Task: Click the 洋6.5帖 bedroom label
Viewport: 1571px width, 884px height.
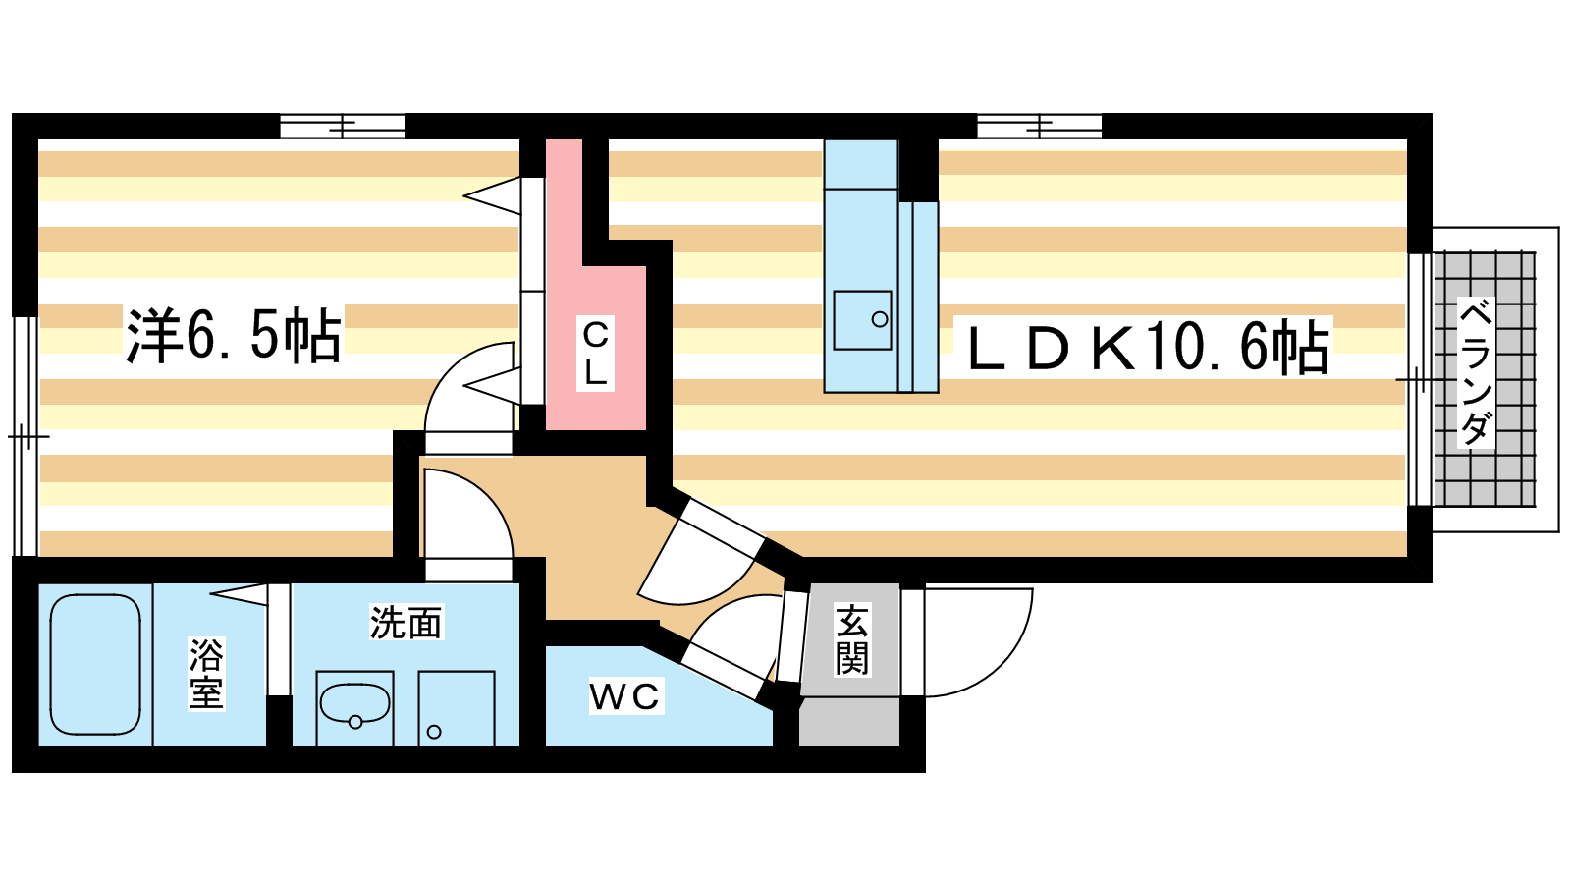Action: point(234,335)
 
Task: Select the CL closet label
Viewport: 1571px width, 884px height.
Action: point(595,354)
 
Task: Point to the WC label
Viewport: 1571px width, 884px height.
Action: point(624,696)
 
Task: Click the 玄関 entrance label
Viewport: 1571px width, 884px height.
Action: point(851,639)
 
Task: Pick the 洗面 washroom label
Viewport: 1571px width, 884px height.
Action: point(406,623)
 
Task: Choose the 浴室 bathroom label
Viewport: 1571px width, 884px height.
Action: point(205,673)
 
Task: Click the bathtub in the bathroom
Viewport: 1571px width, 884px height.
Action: point(95,664)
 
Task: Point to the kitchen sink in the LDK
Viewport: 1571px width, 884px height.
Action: point(862,320)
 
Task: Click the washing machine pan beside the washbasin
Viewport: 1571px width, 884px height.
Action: point(457,708)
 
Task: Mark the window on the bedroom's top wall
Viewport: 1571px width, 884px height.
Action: point(343,127)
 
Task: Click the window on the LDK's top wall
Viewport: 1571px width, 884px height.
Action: point(1040,127)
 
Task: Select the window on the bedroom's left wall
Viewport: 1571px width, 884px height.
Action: point(26,436)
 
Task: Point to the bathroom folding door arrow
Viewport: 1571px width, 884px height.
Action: point(239,593)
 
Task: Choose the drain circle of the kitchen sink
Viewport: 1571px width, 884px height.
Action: point(880,320)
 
